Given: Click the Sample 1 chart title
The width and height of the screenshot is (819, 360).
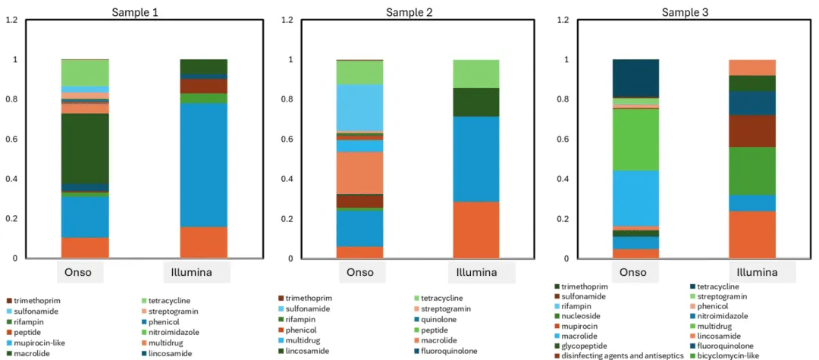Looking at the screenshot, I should click(x=136, y=12).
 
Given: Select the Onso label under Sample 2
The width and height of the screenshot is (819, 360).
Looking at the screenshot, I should click(x=360, y=273).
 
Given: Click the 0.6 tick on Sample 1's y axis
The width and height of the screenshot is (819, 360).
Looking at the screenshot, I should click(x=13, y=139).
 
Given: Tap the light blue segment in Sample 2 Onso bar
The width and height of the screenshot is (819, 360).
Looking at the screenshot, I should click(x=359, y=108).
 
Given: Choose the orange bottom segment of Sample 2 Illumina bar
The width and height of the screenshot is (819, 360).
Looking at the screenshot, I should click(x=475, y=230).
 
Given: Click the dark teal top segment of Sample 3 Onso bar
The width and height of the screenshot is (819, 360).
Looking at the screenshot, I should click(x=635, y=78).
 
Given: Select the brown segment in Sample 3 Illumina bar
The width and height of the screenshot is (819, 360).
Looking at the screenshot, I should click(x=752, y=130).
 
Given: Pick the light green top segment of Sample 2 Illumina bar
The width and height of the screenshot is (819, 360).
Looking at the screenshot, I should click(x=475, y=74).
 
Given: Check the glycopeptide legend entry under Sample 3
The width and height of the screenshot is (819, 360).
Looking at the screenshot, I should click(x=591, y=346).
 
